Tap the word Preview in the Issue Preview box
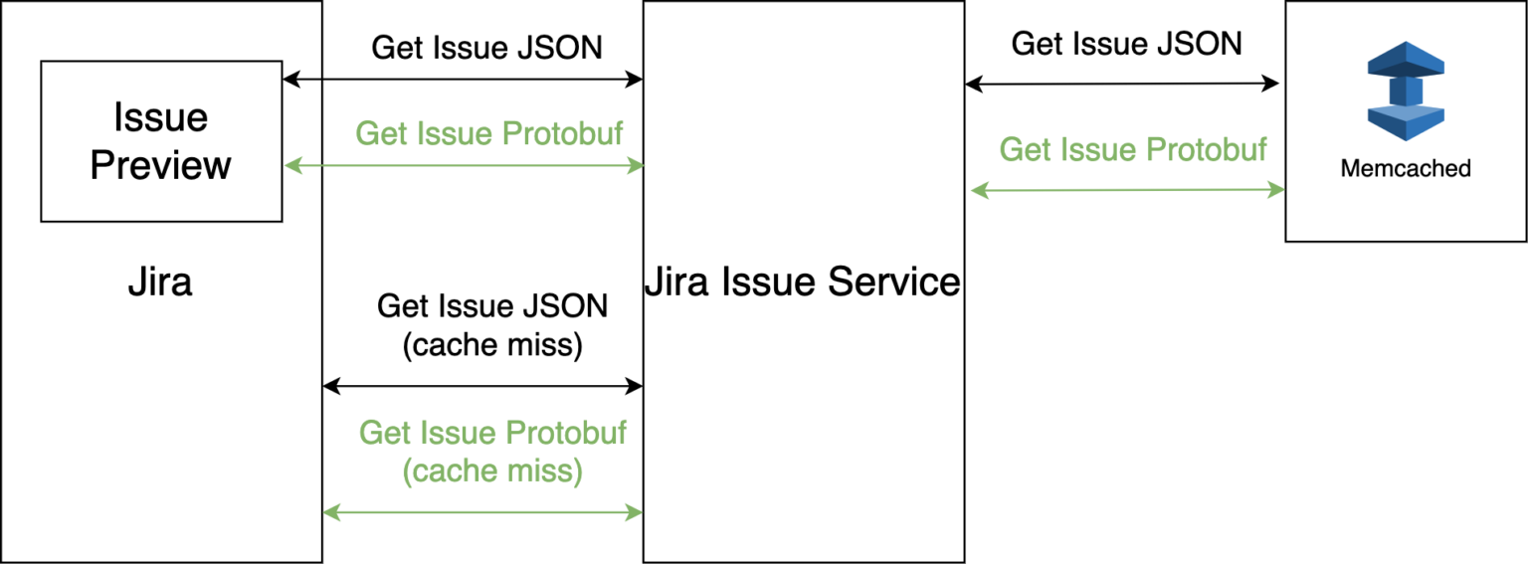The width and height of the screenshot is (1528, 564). (x=161, y=164)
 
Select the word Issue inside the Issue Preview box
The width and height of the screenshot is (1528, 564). (x=161, y=117)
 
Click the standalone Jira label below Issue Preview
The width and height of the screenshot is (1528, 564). (x=160, y=282)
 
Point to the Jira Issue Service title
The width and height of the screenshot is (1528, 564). (x=803, y=282)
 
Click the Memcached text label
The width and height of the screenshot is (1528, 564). (x=1406, y=168)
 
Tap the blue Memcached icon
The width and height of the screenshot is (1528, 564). (x=1405, y=91)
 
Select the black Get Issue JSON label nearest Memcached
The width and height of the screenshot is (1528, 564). (x=1127, y=44)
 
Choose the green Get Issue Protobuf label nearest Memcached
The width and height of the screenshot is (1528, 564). (x=1133, y=149)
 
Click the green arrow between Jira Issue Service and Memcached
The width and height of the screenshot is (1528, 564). (x=1128, y=190)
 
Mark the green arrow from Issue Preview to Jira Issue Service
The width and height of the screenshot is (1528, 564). (x=465, y=166)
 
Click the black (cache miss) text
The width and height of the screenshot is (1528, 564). (x=492, y=345)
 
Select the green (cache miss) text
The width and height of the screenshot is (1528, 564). (x=492, y=470)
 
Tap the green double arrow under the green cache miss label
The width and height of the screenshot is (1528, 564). (x=483, y=513)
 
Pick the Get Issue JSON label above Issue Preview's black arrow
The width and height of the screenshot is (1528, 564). (x=487, y=48)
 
